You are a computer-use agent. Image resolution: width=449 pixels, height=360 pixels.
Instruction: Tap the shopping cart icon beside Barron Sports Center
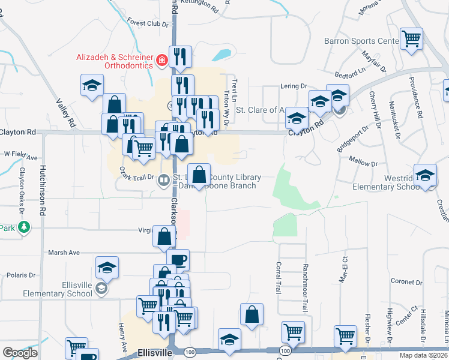coord(412,40)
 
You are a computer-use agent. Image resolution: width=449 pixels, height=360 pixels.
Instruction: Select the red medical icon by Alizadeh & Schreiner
coord(161,61)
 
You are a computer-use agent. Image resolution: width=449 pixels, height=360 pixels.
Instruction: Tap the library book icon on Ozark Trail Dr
coord(163,180)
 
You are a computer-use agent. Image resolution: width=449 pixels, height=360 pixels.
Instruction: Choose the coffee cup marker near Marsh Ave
coord(178,260)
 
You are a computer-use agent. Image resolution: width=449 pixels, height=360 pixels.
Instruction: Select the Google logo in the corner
coord(20,353)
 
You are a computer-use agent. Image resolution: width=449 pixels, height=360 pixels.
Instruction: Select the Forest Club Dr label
coord(145,24)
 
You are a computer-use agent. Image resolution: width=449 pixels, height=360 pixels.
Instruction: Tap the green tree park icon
coord(23,227)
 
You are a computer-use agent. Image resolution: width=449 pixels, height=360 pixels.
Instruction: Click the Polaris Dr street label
coord(20,275)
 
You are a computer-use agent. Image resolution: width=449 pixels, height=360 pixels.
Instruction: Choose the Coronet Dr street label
coord(390,281)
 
